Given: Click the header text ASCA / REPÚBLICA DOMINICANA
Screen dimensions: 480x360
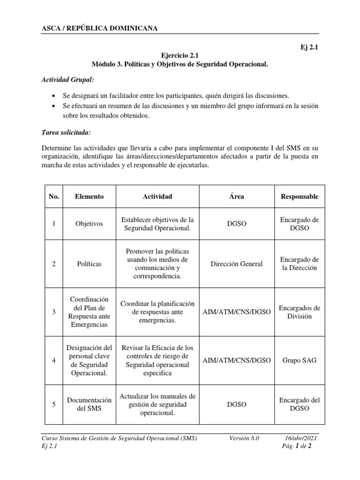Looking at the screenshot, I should [x=100, y=29].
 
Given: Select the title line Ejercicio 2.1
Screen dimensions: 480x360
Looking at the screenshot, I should [x=180, y=55].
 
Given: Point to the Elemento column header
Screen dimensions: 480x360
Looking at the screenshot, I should [x=89, y=196].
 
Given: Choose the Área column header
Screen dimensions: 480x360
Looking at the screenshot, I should [x=237, y=196].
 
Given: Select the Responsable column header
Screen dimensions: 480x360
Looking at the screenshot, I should [x=299, y=196].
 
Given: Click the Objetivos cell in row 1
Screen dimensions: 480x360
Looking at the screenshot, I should [x=89, y=224].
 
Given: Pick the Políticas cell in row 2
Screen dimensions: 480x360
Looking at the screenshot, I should [x=89, y=264].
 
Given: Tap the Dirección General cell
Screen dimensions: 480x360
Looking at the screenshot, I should [x=237, y=264].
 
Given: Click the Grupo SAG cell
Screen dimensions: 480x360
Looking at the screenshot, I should [x=299, y=360].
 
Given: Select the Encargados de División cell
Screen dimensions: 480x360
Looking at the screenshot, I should [x=299, y=312].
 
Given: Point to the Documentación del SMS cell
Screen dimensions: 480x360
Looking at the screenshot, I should [x=89, y=404].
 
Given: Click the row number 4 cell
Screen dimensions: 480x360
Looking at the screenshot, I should [x=54, y=360].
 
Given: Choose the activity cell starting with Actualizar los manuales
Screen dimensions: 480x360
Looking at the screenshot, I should [x=157, y=404].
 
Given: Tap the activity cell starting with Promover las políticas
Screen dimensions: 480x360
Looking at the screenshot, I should [x=157, y=264].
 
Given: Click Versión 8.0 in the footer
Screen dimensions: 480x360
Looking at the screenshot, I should [x=244, y=438].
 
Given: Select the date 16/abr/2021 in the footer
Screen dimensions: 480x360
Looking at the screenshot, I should [x=301, y=438].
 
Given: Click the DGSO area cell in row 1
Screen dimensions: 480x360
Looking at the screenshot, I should [x=237, y=224].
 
